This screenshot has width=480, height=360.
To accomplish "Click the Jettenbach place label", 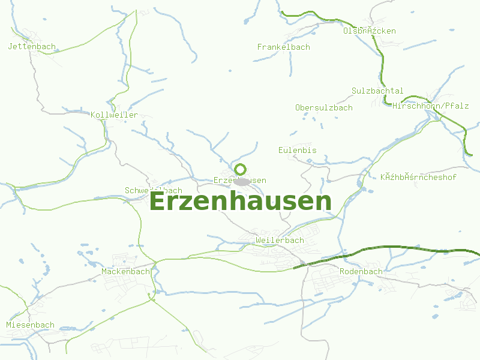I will coord(32,46).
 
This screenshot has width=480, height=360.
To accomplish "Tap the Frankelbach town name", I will coord(283,47).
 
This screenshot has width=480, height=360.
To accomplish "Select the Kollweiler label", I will coord(114,115).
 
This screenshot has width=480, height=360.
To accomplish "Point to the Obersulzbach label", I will coord(323,107).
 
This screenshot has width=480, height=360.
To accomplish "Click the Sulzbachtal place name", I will coord(377,91).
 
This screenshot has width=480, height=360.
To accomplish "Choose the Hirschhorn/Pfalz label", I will coord(430,106).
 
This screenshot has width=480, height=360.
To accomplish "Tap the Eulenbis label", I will coord(297,150).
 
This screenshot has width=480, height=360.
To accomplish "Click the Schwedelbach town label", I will coord(153,191).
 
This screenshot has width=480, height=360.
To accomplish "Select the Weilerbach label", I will coord(279,240).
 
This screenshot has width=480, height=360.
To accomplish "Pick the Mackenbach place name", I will coord(125,271).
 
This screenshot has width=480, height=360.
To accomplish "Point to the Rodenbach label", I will coord(361,271).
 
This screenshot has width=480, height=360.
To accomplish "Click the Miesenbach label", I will coord(30,325).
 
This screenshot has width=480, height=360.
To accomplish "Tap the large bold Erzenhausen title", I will coord(240,202).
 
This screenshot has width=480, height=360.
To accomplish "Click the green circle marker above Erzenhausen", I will coord(240,169).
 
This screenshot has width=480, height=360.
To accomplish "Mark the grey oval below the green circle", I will coord(242,181).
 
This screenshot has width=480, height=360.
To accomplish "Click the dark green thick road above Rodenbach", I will coord(384,247).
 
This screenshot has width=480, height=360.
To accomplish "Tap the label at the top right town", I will coord(369,31).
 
